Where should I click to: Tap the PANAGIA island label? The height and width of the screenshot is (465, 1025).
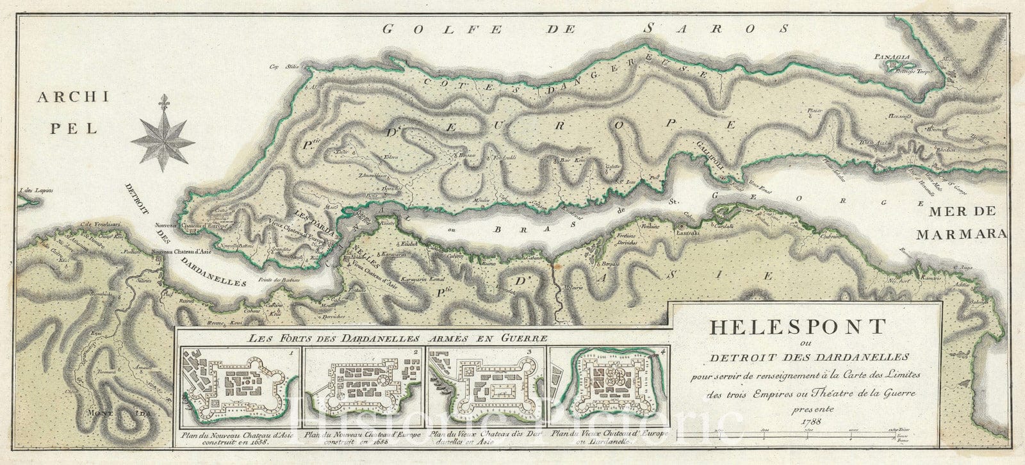(891, 57)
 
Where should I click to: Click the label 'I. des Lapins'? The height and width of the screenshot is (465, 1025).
(37, 190)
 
